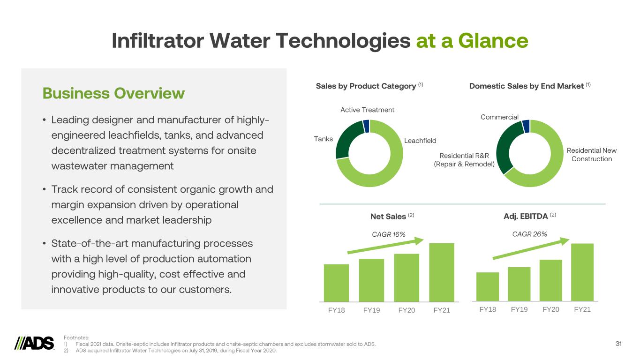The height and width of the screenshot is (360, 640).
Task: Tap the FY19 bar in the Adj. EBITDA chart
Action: [x=519, y=284]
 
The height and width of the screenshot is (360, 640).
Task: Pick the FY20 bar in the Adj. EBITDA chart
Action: [x=550, y=280]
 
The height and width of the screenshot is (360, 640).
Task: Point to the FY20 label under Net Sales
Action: [x=407, y=310]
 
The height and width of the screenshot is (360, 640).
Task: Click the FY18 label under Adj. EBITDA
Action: [x=488, y=309]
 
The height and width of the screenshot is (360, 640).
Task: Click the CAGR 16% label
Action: [x=388, y=234]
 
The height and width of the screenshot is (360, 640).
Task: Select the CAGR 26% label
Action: [x=530, y=234]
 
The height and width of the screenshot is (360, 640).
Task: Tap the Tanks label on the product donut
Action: [x=324, y=139]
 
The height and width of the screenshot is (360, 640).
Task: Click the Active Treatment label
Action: [x=367, y=110]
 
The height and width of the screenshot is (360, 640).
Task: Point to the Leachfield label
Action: [x=420, y=141]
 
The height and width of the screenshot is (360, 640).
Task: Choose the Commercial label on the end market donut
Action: [x=499, y=117]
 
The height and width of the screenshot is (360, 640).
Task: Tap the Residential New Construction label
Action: [x=591, y=155]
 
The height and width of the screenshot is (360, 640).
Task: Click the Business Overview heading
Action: [x=113, y=93]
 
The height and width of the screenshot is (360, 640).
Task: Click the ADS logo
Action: [x=34, y=344]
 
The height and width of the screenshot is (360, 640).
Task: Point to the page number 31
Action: [x=618, y=344]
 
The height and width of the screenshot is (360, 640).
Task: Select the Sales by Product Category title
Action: [x=366, y=86]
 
